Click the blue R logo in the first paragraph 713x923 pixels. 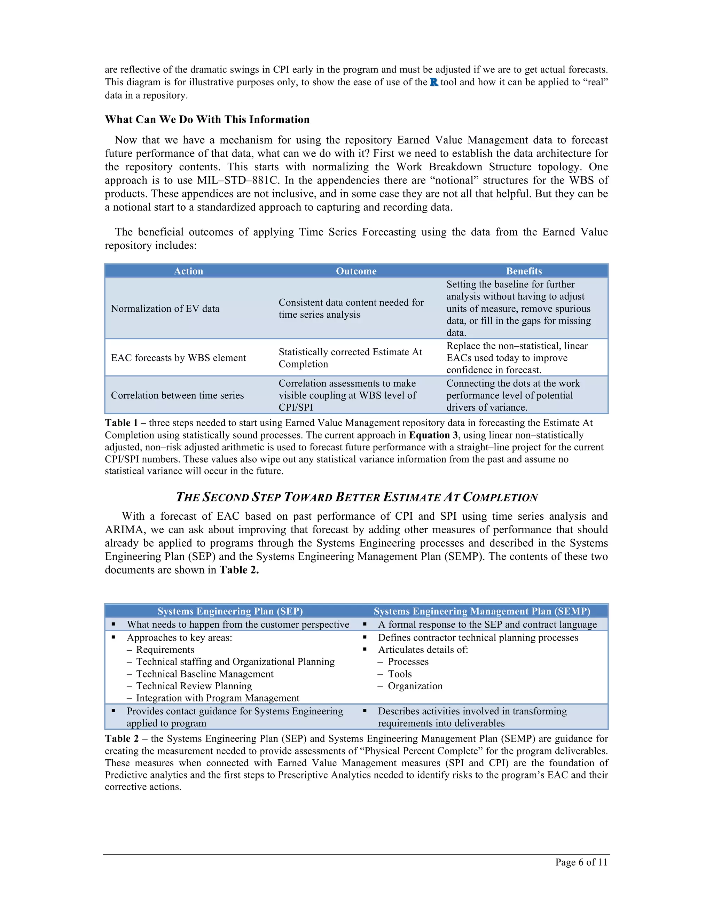(434, 83)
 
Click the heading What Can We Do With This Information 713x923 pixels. (207, 119)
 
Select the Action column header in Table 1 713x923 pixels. (188, 271)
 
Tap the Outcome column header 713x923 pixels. (356, 271)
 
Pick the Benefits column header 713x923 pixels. (524, 271)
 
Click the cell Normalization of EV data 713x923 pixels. (165, 309)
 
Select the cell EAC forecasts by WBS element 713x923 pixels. (178, 358)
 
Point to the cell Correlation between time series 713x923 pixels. (178, 395)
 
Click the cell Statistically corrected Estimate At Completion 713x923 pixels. (350, 358)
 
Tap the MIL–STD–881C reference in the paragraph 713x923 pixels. (238, 180)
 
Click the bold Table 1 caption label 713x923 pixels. (121, 423)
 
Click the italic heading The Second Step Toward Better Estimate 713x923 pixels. (356, 497)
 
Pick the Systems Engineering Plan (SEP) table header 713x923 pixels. (230, 611)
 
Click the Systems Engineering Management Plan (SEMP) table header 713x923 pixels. (482, 611)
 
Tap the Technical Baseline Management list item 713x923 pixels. (204, 674)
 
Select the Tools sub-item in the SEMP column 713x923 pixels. (400, 674)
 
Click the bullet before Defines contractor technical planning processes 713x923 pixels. (365, 637)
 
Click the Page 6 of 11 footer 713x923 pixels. (581, 862)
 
